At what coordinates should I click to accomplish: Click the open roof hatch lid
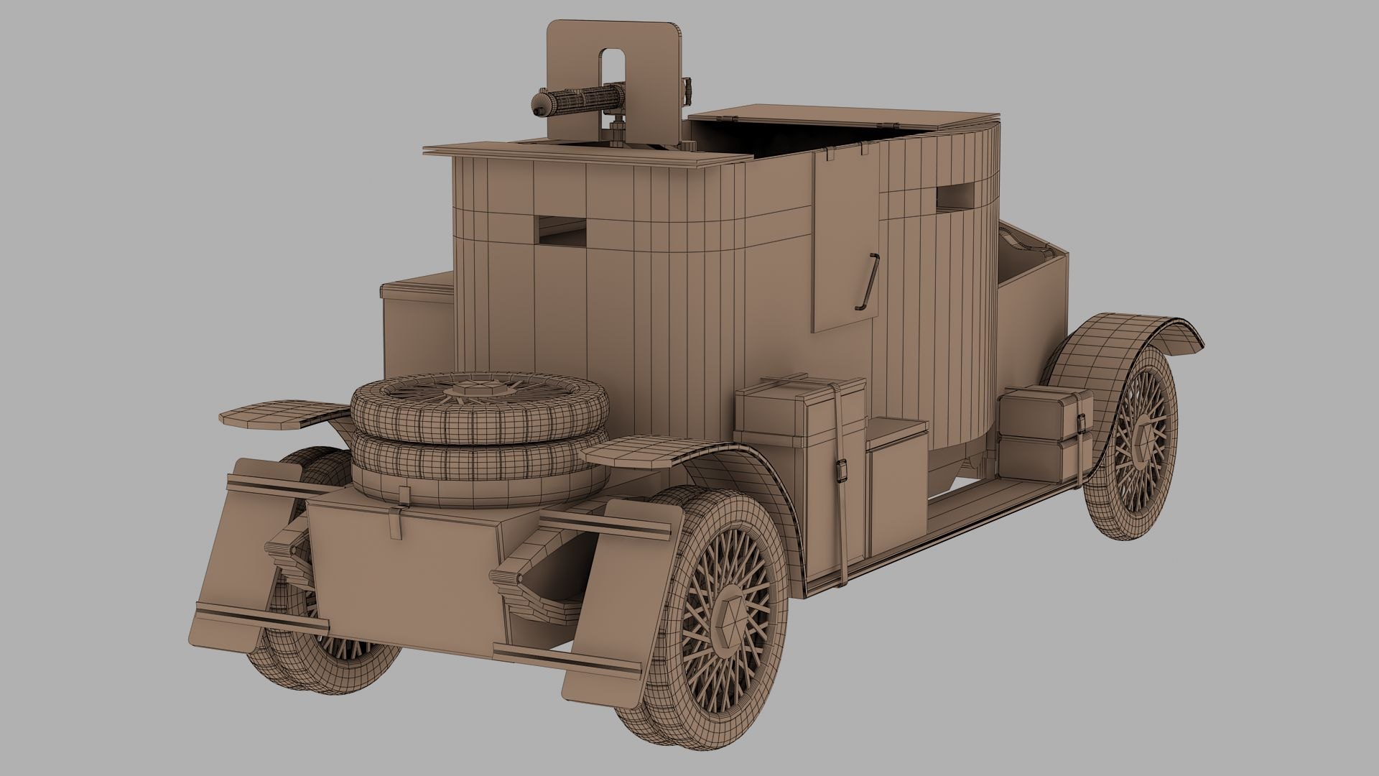[x=840, y=116]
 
